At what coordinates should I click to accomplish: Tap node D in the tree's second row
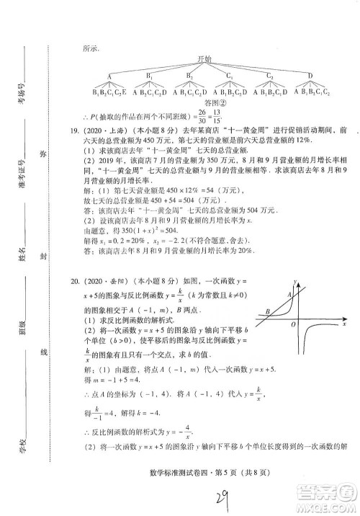[x=310, y=76]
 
